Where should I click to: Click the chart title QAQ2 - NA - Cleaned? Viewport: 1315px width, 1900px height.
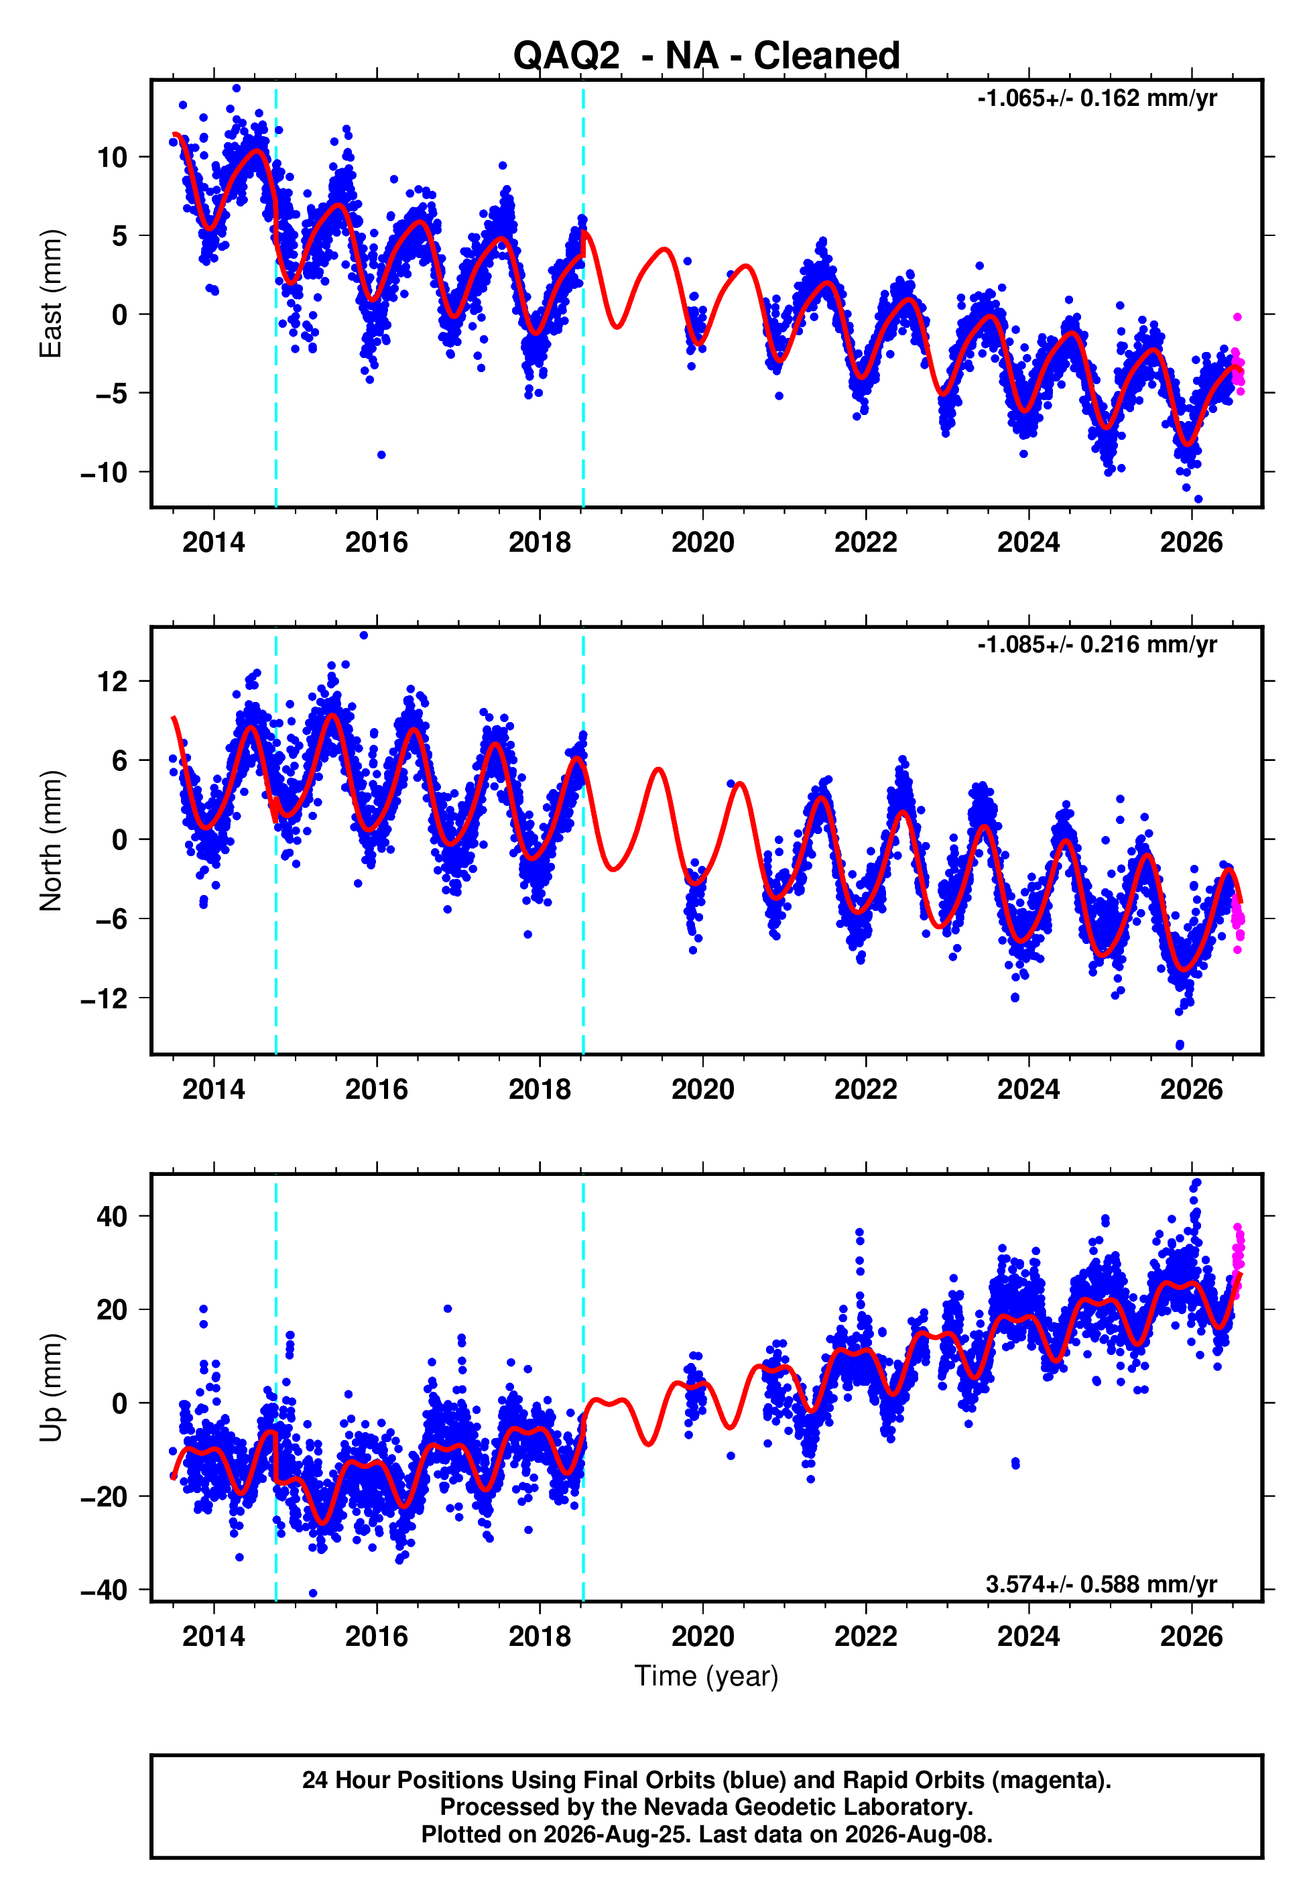pos(706,56)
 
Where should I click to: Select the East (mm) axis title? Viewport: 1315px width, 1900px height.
pos(50,294)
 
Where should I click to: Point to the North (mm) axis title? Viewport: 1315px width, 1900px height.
pos(50,841)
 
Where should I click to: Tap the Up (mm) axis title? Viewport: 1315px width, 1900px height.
pos(50,1388)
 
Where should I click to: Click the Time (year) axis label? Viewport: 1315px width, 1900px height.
pos(706,1676)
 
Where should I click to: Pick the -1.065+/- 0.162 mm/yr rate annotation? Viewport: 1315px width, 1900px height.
pos(1097,99)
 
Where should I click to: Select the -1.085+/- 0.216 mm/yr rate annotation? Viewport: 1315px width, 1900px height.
pos(1097,645)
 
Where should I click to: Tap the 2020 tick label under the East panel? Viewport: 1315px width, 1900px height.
pos(703,542)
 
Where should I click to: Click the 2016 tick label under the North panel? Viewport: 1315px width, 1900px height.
pos(377,1089)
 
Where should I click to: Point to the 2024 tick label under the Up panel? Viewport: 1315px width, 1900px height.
pos(1028,1637)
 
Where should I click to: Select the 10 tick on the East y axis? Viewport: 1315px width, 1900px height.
pos(112,158)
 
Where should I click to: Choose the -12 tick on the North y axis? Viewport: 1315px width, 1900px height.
pos(104,999)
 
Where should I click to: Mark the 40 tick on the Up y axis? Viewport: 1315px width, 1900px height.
pos(112,1216)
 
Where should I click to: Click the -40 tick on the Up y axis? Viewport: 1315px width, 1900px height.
pos(104,1590)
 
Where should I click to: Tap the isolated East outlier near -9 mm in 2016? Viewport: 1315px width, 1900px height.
pos(381,455)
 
